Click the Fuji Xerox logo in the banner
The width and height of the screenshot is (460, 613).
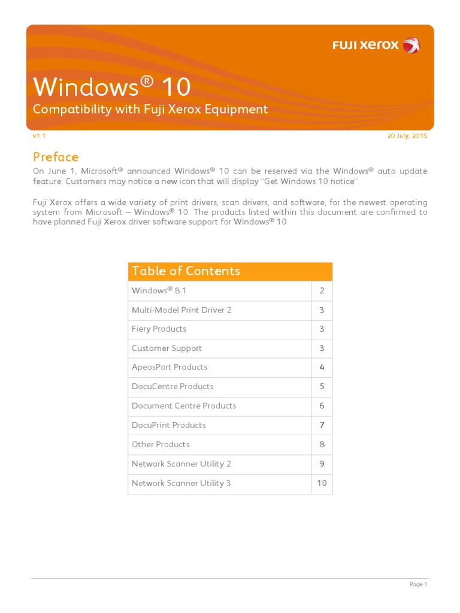click(376, 45)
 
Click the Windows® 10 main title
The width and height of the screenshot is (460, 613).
click(112, 87)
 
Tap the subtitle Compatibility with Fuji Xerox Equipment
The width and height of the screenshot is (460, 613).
click(150, 109)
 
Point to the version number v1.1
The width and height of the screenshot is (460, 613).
click(39, 136)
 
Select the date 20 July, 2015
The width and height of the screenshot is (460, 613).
click(407, 136)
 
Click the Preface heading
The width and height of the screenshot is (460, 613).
click(56, 157)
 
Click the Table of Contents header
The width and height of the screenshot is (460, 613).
click(186, 271)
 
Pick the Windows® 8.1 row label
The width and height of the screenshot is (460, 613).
click(152, 291)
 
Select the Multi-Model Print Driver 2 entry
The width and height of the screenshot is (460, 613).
click(181, 310)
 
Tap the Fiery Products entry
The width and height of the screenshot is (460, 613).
click(159, 329)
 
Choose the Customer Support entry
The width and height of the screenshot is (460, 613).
click(167, 348)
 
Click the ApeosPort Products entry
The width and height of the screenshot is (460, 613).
click(170, 368)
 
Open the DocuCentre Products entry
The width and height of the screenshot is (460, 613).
click(172, 387)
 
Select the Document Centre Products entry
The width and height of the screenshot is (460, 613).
click(184, 406)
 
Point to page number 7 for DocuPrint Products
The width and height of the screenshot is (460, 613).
click(322, 425)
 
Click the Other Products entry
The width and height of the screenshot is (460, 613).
click(161, 444)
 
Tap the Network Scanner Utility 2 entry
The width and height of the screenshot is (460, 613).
click(181, 464)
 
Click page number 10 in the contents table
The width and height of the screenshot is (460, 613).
click(322, 483)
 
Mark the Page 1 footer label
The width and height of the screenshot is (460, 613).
click(418, 584)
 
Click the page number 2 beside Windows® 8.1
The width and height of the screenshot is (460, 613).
click(322, 291)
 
